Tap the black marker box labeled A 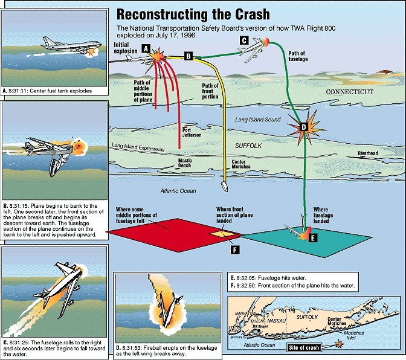click(146, 48)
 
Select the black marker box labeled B click(188, 56)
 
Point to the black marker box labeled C click(243, 40)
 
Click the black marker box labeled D click(303, 127)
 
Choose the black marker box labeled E click(312, 238)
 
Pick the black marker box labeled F click(235, 247)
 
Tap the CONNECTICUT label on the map click(350, 92)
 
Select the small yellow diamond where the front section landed click(220, 233)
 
